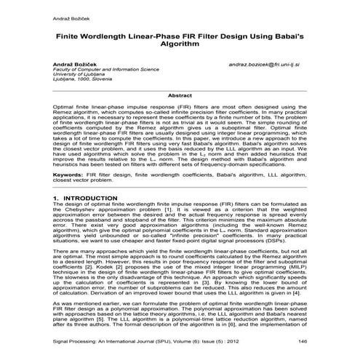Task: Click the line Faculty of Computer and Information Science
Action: point(105,70)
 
